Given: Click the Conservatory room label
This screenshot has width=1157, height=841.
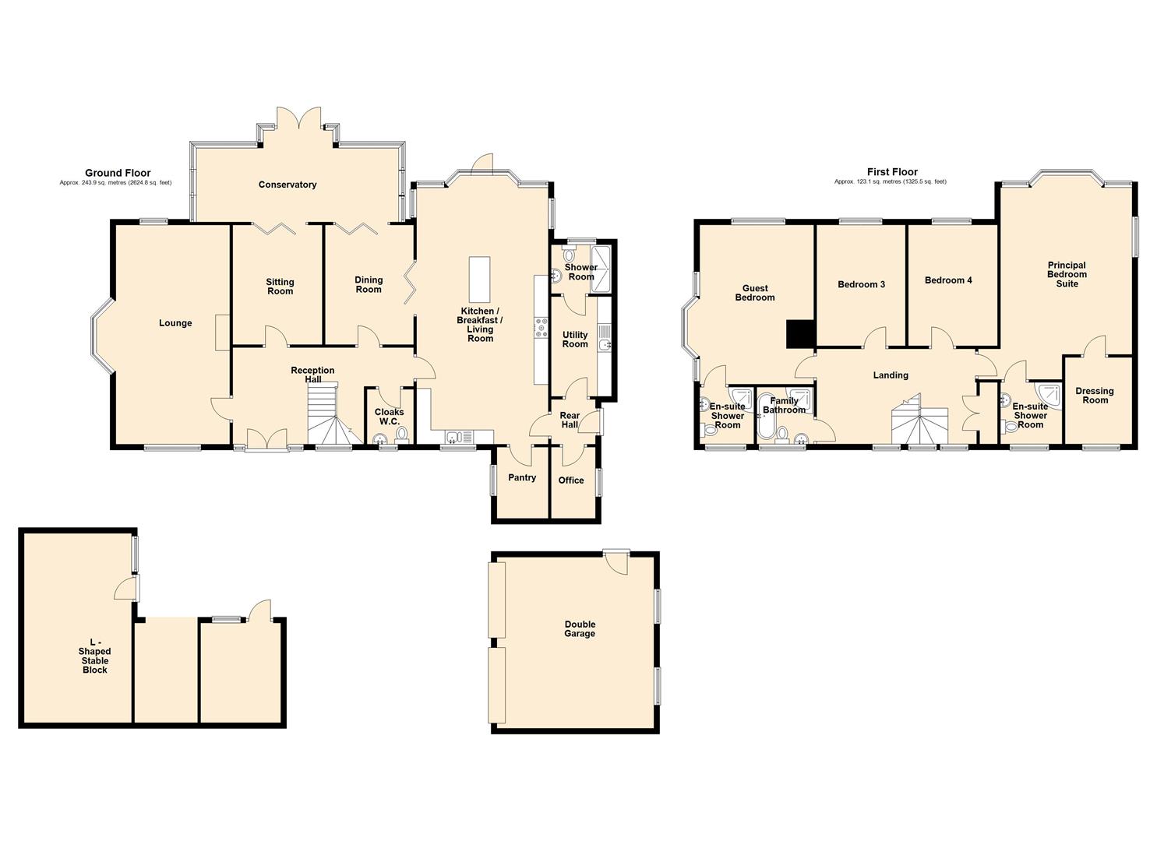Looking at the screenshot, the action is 287,185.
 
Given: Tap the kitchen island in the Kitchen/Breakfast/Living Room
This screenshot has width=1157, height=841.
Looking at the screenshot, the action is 479,280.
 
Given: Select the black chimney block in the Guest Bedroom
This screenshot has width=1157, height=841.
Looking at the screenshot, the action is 799,334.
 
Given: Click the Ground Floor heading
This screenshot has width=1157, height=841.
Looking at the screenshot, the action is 118,173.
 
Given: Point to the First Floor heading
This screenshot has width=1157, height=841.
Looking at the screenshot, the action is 892,172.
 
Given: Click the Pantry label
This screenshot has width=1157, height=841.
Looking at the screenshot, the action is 522,477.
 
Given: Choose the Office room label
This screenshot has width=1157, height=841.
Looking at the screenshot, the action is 571,480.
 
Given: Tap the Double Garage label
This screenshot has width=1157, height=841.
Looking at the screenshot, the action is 580,629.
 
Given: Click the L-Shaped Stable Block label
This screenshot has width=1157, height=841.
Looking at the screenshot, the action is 94,656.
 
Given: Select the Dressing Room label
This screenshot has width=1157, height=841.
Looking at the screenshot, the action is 1095,396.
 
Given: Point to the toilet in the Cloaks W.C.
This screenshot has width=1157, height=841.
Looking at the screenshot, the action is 401,435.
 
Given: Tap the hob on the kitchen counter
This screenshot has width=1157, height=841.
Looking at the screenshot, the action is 541,328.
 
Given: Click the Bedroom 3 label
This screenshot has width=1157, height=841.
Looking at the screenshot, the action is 861,284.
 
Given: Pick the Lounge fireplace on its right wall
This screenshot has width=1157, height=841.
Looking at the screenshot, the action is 223,333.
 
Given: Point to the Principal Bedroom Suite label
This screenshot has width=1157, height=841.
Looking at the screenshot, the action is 1067,274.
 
